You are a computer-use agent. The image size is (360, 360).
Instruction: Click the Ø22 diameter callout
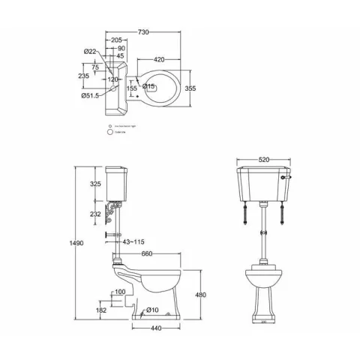[90, 51]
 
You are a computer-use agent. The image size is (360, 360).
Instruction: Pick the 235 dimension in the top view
[85, 76]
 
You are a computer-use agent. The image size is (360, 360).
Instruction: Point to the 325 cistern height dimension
[96, 184]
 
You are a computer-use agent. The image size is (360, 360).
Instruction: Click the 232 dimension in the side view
[95, 214]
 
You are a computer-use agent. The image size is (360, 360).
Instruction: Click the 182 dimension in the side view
[100, 309]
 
